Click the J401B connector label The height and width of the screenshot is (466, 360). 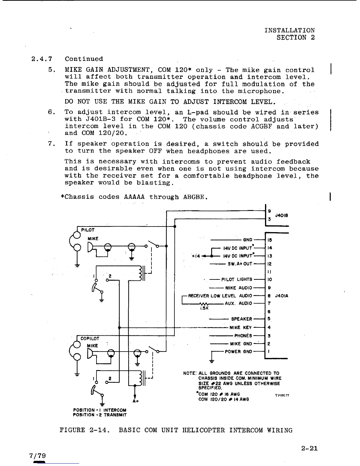pos(281,215)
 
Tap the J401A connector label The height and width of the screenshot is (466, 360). pos(281,296)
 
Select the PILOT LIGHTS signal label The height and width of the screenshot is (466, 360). pos(236,279)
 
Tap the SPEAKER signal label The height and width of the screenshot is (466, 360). pos(241,319)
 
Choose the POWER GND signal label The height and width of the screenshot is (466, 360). pos(238,352)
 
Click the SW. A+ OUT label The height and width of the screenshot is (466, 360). pos(240,264)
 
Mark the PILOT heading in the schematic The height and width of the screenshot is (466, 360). pos(88,230)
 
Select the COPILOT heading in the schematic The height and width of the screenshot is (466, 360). pos(90,339)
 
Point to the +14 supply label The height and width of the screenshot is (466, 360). pos(196,256)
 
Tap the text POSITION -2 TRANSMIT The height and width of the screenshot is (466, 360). pos(100,415)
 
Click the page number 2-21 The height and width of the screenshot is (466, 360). pos(309,449)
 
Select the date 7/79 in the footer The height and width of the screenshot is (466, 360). pos(38,456)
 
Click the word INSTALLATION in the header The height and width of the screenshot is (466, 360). pos(289,30)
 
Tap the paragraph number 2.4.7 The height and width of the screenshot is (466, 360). pos(42,59)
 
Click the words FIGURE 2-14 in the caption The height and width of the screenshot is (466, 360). pos(85,430)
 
